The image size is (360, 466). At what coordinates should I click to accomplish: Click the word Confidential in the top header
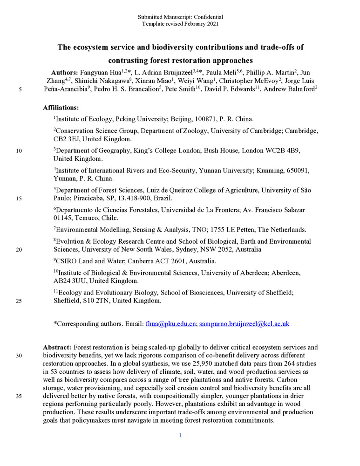207,17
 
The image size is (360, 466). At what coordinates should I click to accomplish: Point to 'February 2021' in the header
200,23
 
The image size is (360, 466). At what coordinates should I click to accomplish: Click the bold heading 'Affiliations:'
61,107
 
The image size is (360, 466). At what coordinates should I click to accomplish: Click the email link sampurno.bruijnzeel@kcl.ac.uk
244,323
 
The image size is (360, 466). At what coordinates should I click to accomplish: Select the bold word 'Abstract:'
57,347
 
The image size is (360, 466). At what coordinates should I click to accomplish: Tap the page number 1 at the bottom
180,435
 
